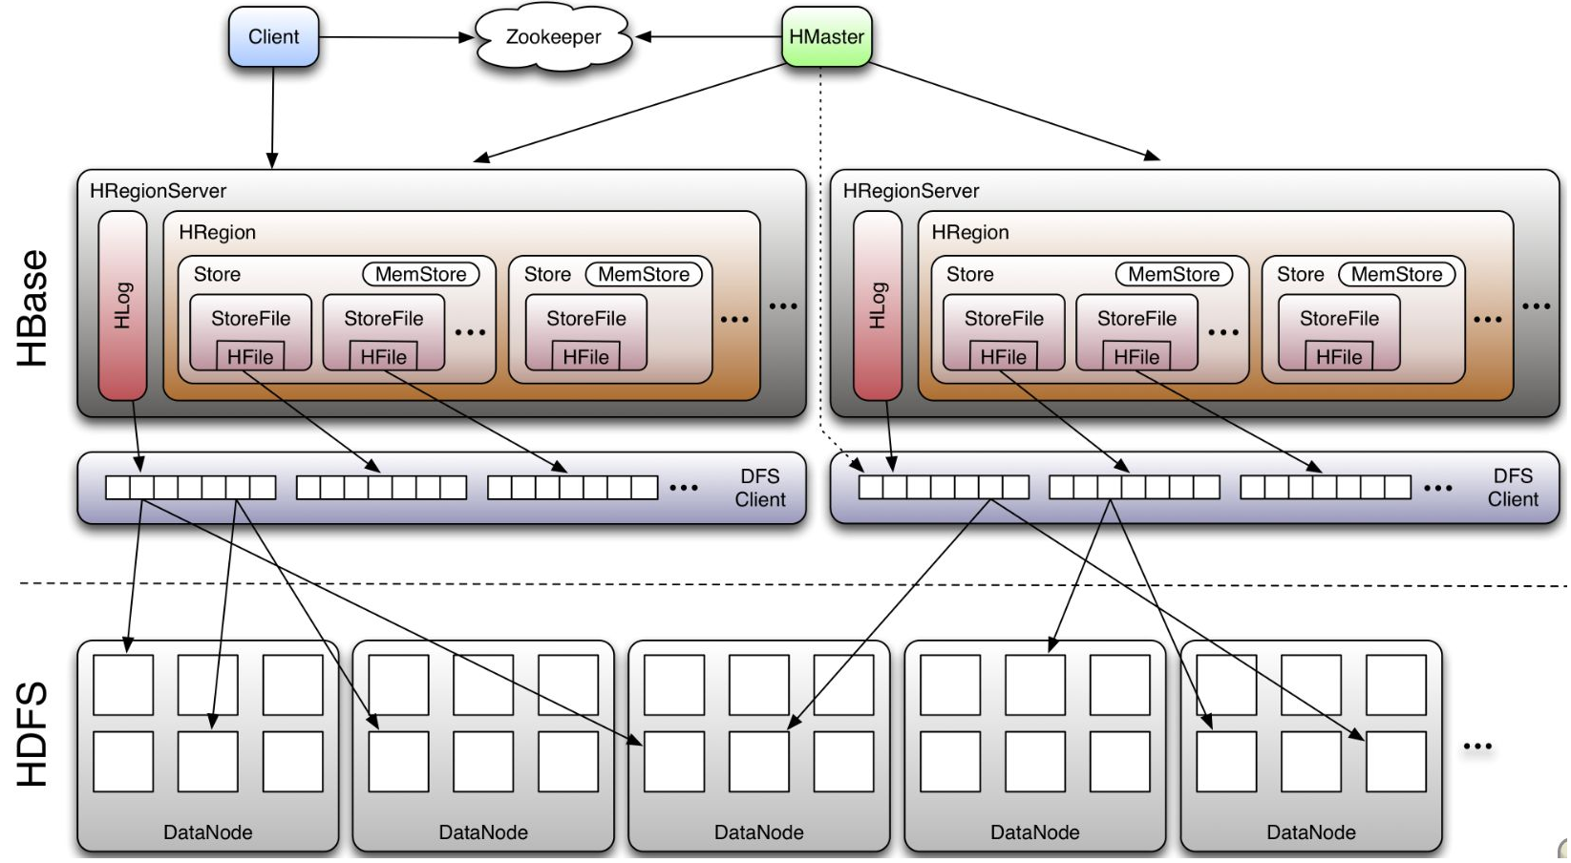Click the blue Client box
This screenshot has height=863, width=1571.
tap(273, 37)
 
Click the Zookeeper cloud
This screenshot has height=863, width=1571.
tap(553, 37)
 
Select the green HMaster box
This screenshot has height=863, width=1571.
tap(826, 37)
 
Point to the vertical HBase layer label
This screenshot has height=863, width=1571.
tap(32, 307)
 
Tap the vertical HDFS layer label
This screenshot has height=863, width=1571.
tap(32, 733)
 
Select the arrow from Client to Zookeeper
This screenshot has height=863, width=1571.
tap(395, 37)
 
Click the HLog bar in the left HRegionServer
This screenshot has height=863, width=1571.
tap(122, 305)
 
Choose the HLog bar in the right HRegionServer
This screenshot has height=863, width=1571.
tap(877, 305)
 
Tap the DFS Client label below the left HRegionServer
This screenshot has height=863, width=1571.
tap(760, 488)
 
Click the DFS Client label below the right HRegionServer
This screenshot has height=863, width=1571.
tap(1513, 488)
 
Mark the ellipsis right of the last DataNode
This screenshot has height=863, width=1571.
tap(1476, 747)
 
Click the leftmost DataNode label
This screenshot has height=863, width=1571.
tap(207, 832)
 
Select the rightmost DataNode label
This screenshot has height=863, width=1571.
tap(1310, 832)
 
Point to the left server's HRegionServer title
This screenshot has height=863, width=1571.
tap(158, 191)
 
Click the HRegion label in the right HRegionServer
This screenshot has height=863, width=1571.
tap(969, 232)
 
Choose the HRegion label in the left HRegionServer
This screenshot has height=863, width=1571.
tap(217, 232)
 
